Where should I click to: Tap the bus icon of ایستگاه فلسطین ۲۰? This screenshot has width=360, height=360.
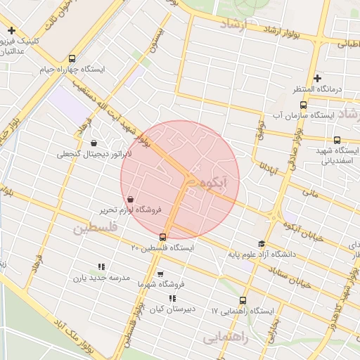pos(163,237)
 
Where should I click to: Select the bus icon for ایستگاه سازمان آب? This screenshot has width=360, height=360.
pos(303,105)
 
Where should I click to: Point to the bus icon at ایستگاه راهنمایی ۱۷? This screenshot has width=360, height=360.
pos(243,300)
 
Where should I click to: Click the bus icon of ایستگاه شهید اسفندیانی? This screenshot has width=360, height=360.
pos(337,140)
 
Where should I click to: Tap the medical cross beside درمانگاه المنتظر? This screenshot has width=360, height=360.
pos(317,78)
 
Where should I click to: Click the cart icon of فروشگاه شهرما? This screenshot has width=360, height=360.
pos(160,274)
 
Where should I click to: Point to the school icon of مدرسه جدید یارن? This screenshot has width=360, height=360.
pos(101,266)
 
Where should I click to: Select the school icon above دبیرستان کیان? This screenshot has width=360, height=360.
pos(172,298)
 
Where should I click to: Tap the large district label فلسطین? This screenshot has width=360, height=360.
pos(96,229)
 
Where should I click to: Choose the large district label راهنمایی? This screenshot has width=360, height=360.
pos(226,338)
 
